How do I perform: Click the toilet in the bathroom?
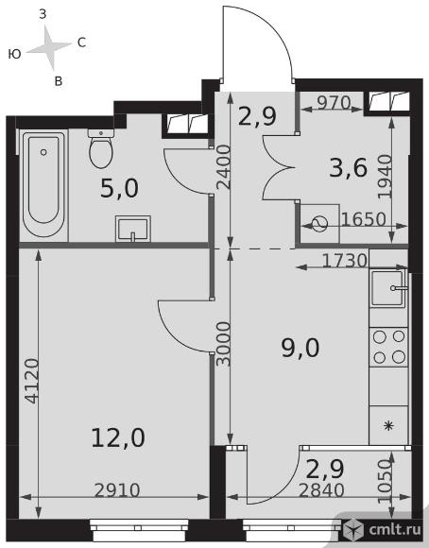pyautogui.click(x=101, y=148)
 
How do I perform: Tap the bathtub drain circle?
pyautogui.click(x=43, y=152)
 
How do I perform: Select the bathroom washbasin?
pyautogui.click(x=133, y=229)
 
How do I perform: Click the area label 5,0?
pyautogui.click(x=119, y=189)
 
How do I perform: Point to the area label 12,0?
pyautogui.click(x=118, y=437)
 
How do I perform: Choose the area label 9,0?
pyautogui.click(x=300, y=348)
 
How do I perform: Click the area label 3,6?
pyautogui.click(x=349, y=168)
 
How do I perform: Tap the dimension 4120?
pyautogui.click(x=32, y=381)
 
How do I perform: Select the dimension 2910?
pyautogui.click(x=117, y=490)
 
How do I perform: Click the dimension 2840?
pyautogui.click(x=321, y=490)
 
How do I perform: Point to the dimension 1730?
pyautogui.click(x=344, y=261)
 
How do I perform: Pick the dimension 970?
pyautogui.click(x=334, y=103)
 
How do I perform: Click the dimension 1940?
pyautogui.click(x=386, y=177)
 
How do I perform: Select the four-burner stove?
pyautogui.click(x=388, y=347)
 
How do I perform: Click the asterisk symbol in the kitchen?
pyautogui.click(x=388, y=426)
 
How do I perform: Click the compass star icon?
pyautogui.click(x=49, y=48)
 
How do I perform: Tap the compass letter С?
pyautogui.click(x=81, y=43)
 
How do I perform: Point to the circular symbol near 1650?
pyautogui.click(x=319, y=224)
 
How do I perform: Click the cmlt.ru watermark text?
pyautogui.click(x=395, y=530)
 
